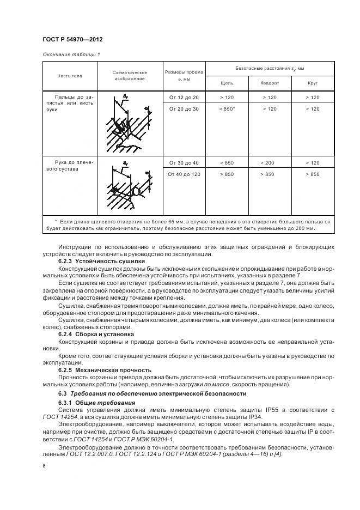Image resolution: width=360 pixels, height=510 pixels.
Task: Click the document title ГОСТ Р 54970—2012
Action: coord(72,40)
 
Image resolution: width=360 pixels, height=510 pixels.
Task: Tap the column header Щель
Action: coord(227,83)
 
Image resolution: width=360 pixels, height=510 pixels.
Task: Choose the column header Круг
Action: coord(313,83)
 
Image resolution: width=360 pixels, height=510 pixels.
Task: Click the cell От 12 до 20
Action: coord(184,97)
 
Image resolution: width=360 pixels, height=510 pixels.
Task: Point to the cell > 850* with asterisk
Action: coord(227,109)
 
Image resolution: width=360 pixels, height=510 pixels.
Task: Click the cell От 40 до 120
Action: coord(184,174)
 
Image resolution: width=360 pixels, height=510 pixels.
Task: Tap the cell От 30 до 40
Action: coord(184,163)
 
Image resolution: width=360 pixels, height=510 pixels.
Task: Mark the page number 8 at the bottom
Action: coord(43,465)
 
